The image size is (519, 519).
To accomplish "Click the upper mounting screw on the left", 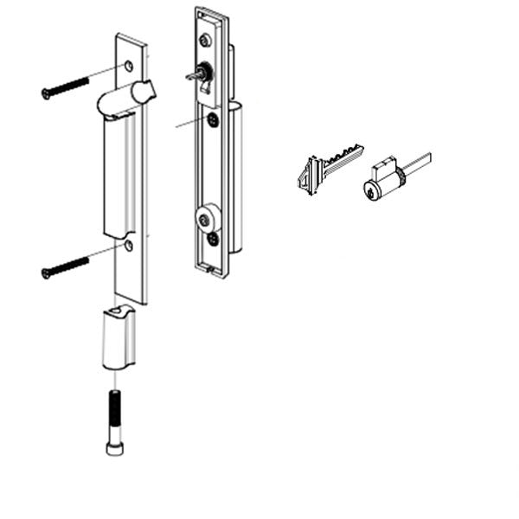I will click(64, 87).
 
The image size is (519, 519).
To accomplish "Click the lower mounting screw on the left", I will click(64, 266).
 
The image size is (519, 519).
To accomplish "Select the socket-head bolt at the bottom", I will click(113, 421).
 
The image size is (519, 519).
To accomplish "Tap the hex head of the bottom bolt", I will click(113, 447).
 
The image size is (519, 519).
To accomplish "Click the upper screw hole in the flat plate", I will click(128, 66).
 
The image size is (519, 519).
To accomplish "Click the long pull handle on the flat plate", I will click(119, 177).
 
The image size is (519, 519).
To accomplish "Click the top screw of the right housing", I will click(206, 40).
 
